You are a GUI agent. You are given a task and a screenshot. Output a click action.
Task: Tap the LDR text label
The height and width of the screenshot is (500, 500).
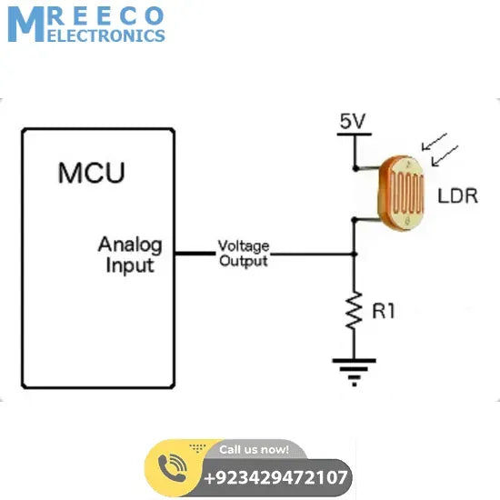tap(457, 196)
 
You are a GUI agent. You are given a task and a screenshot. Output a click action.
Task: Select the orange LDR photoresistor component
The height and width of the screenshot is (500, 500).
tap(402, 192)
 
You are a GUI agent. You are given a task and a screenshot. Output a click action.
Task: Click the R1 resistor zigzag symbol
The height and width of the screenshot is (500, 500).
tap(355, 312)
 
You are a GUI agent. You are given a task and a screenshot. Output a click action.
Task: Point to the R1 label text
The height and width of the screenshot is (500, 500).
tap(384, 311)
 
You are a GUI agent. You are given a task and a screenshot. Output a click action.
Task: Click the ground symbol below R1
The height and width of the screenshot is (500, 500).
tap(355, 368)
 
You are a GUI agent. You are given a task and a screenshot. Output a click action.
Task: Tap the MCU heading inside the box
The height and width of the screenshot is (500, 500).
tap(91, 173)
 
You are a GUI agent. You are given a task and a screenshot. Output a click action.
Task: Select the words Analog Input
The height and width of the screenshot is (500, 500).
tap(130, 255)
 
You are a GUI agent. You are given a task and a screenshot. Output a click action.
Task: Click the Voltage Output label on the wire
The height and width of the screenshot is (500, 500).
tap(243, 254)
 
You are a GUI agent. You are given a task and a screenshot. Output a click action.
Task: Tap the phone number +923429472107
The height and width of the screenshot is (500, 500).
tap(275, 477)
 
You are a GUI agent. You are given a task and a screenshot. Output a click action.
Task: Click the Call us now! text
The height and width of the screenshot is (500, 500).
tap(254, 449)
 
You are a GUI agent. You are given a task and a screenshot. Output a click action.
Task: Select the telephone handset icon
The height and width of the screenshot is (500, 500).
tap(172, 467)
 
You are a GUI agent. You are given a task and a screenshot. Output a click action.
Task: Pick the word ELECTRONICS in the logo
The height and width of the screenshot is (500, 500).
tap(105, 35)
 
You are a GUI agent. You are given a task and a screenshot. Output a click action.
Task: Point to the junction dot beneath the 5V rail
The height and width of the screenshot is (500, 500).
tap(355, 167)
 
